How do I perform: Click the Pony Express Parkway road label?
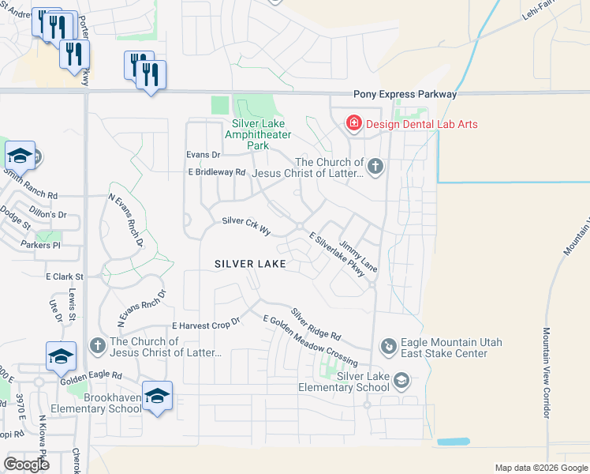pos(405,94)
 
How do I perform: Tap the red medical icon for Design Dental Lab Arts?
pos(354,124)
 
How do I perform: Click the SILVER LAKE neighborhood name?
pos(244,265)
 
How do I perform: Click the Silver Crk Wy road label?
pos(246,225)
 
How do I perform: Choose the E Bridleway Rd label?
pos(217,171)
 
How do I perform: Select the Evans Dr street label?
pos(203,154)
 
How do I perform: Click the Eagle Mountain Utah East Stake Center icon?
pos(387,345)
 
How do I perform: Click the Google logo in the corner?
pos(26,465)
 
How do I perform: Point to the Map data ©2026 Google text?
pos(540,468)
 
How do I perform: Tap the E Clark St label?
pos(64,277)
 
